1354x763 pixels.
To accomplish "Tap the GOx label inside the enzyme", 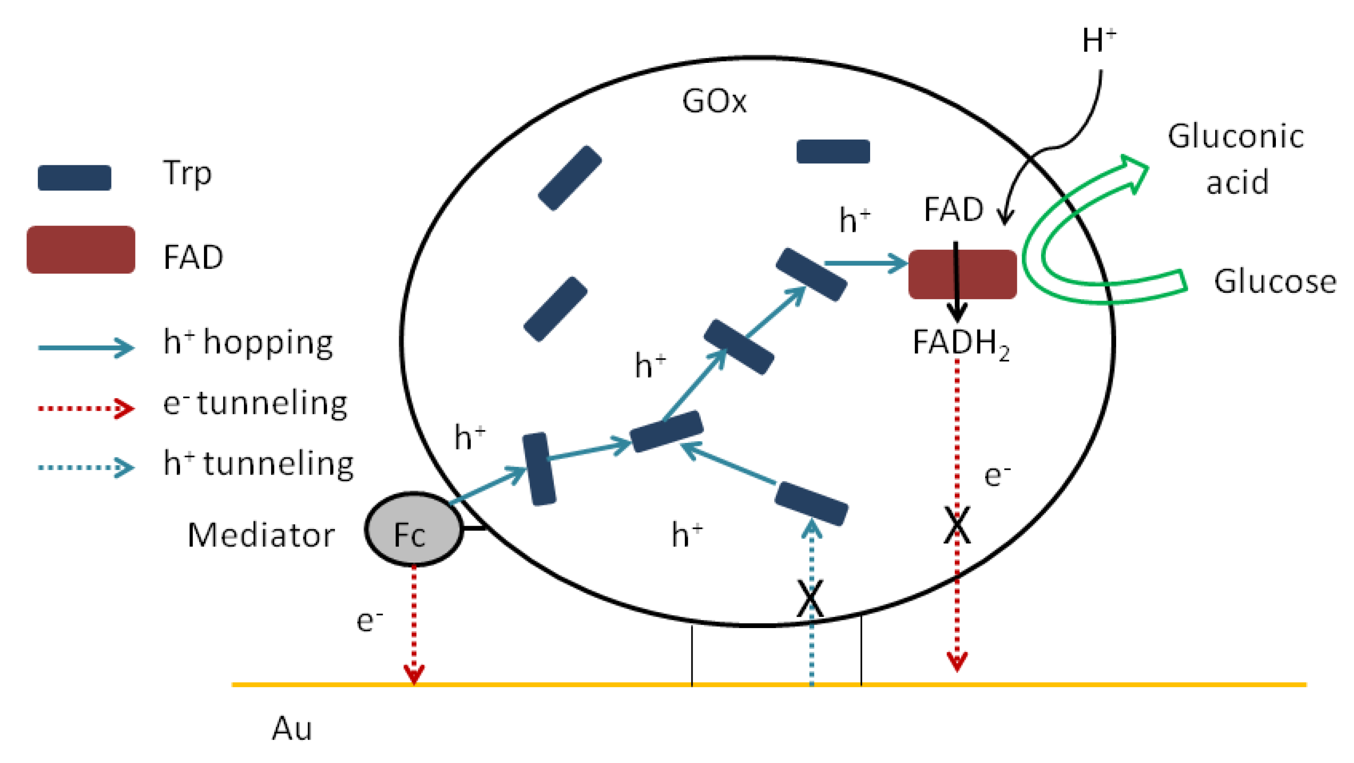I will (x=714, y=101).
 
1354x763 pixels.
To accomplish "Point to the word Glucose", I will (x=1275, y=282).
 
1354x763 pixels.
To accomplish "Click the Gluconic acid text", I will (x=1236, y=159).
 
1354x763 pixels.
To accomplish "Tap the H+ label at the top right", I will (x=1098, y=40).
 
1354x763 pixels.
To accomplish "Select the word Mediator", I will (x=261, y=535).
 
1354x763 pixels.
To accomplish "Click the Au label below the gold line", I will (x=292, y=729).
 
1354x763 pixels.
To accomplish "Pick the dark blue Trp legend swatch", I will (x=74, y=177).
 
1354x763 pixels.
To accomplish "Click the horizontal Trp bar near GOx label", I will (x=833, y=151).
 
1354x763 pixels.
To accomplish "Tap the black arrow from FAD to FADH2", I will (x=956, y=284).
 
